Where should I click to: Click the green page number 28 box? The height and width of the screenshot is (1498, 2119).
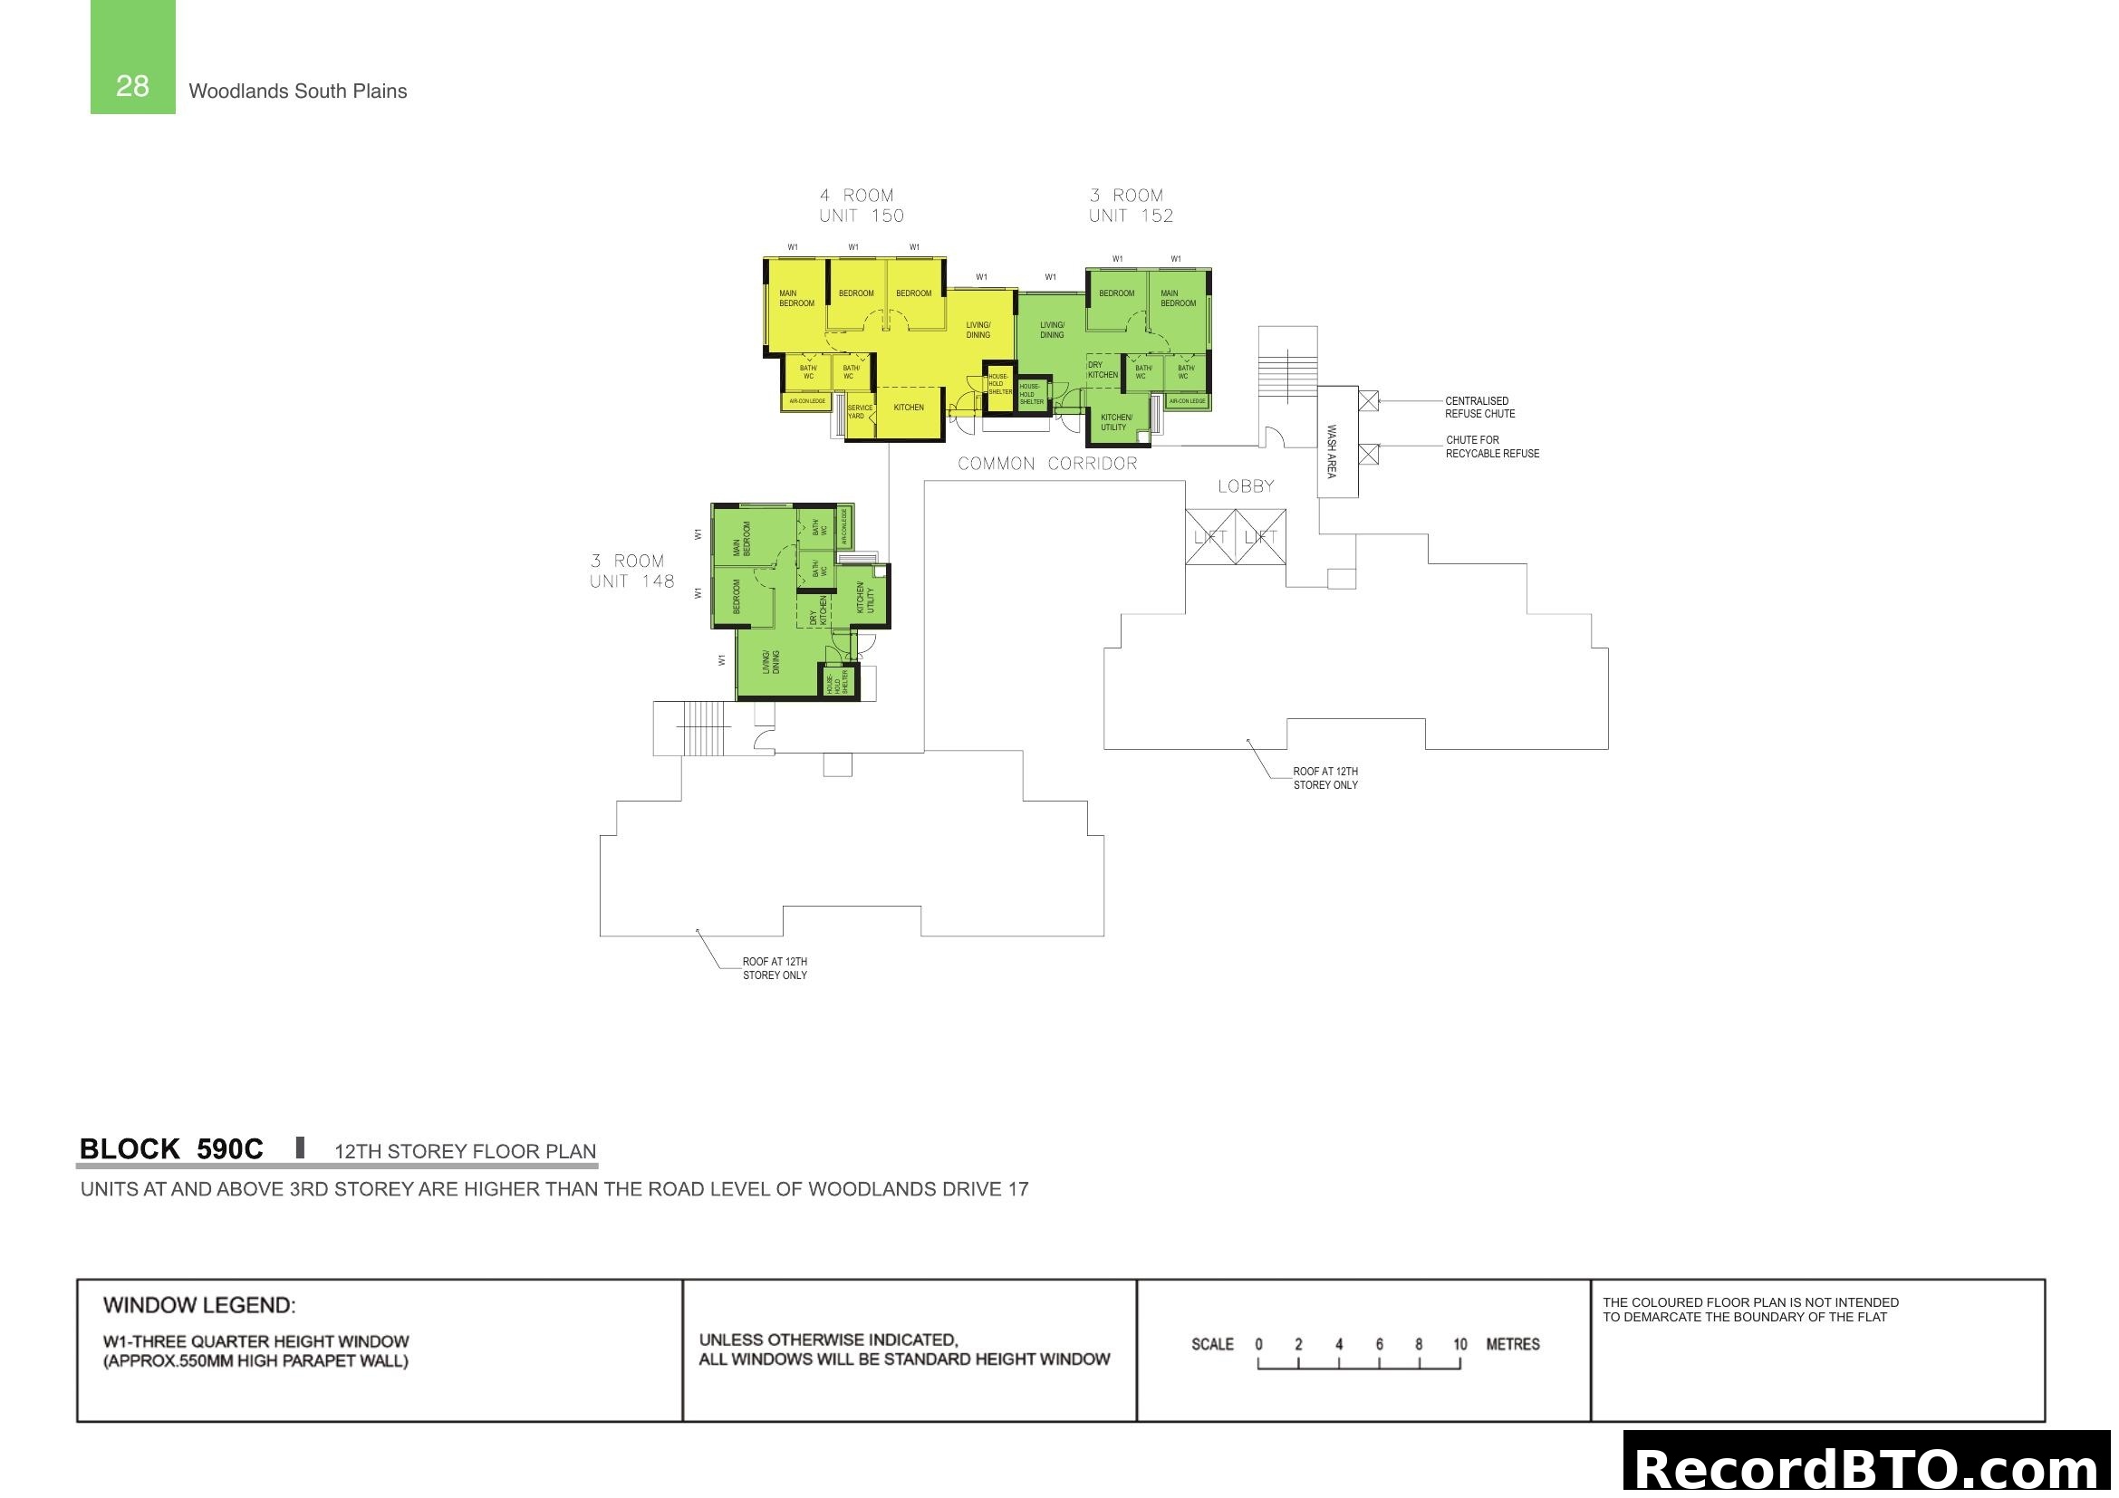(x=132, y=57)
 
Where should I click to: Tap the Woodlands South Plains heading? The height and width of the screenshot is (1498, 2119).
(x=297, y=91)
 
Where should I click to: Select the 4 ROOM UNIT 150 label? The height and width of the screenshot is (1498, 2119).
(x=861, y=206)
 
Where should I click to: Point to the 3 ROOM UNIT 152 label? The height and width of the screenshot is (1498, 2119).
(x=1131, y=206)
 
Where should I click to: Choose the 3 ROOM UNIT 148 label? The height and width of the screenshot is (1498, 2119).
(x=632, y=571)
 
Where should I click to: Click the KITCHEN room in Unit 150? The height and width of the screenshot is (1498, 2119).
(x=908, y=408)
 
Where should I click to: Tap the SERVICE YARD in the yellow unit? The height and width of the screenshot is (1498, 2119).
(x=859, y=412)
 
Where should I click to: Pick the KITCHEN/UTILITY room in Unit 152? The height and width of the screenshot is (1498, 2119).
(x=1116, y=422)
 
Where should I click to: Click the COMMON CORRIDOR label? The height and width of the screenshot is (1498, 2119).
(x=1046, y=464)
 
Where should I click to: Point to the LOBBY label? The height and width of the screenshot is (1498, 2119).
(x=1245, y=486)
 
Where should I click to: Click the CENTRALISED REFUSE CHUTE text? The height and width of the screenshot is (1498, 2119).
(x=1479, y=408)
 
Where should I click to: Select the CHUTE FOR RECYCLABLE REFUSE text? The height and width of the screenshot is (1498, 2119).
(x=1491, y=447)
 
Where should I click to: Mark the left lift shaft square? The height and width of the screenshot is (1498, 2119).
(x=1210, y=537)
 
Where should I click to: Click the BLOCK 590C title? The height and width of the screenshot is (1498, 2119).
(x=171, y=1149)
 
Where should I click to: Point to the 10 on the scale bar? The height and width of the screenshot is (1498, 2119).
(x=1459, y=1344)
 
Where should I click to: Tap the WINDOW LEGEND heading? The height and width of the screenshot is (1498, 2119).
(x=199, y=1305)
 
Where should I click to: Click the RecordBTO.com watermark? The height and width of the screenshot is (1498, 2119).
(x=1870, y=1466)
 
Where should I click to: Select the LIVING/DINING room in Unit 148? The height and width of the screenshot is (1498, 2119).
(x=771, y=662)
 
